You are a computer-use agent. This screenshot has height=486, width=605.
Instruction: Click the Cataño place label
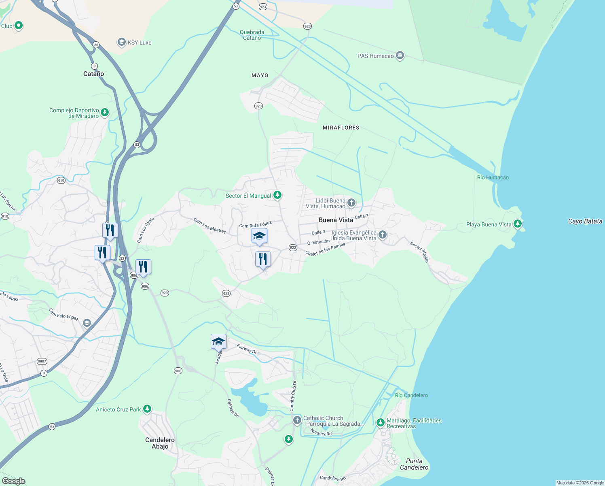coord(93,74)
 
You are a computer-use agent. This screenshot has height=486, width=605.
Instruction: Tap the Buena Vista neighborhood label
coord(336,220)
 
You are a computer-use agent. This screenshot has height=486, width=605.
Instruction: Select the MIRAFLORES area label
coord(341,128)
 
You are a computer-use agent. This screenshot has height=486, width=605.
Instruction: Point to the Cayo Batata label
coord(585,221)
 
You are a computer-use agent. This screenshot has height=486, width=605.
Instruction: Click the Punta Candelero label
coord(414,464)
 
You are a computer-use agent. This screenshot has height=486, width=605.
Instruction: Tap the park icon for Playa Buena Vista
coord(517,224)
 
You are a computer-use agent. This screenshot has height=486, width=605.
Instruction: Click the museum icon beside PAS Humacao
coord(400,55)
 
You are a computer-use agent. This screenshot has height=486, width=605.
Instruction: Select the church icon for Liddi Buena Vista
coord(351,202)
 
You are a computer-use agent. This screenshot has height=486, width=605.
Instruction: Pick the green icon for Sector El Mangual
coord(277,195)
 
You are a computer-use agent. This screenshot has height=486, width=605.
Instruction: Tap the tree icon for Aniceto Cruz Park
coord(147,409)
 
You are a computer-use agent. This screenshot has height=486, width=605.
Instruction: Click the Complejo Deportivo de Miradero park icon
coord(105,112)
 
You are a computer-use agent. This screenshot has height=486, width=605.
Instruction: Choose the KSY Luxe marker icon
coord(121,42)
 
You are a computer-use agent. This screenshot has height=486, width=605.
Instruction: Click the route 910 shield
coord(61,181)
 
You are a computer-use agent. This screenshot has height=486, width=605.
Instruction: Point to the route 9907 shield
coord(42,361)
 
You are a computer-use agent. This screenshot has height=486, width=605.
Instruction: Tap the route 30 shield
coord(96,45)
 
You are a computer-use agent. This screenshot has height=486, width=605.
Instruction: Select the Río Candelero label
coord(411,395)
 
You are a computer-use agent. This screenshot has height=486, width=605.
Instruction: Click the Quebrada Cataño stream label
coord(252,35)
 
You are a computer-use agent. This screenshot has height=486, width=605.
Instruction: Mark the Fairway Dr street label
coord(247,349)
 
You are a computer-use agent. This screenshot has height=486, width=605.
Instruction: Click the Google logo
coord(14,481)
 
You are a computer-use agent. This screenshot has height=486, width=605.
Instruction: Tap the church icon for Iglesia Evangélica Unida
coord(383,234)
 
